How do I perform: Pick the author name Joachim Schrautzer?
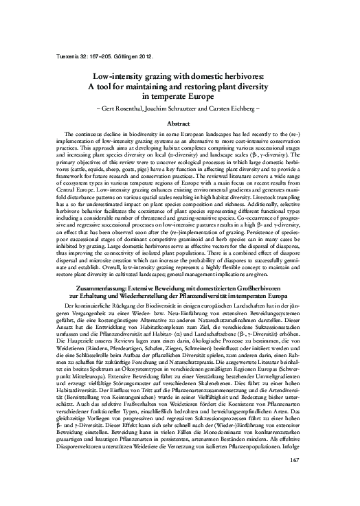tap(181, 108)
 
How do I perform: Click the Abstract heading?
tap(179, 123)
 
